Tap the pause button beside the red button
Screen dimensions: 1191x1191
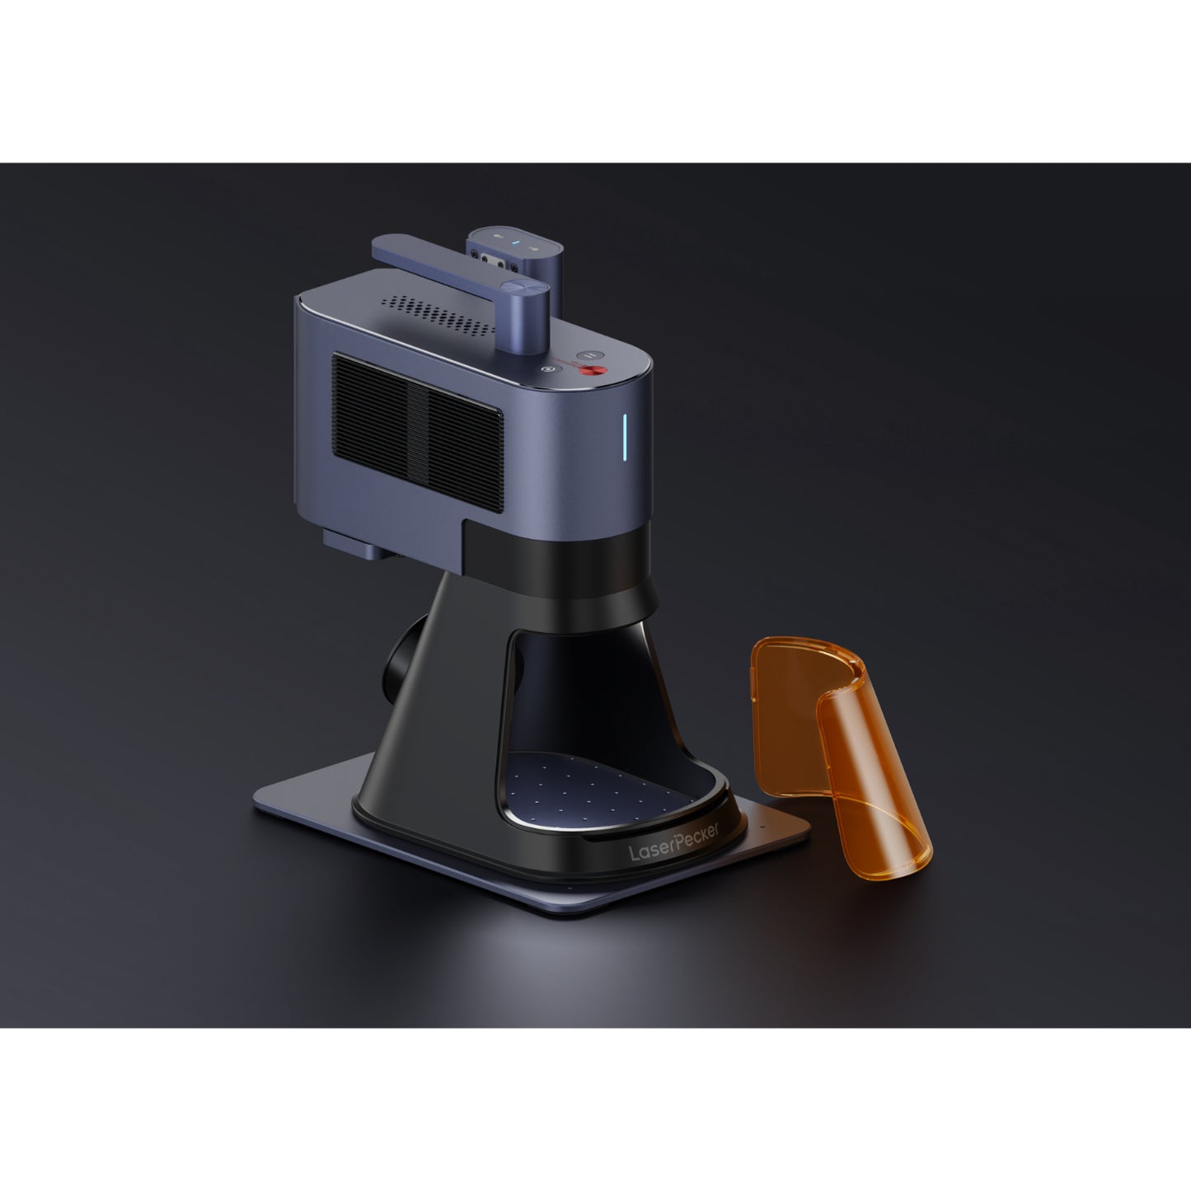pyautogui.click(x=588, y=355)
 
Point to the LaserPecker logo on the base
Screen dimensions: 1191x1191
pyautogui.click(x=673, y=844)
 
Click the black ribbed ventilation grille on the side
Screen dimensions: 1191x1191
pyautogui.click(x=418, y=431)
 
